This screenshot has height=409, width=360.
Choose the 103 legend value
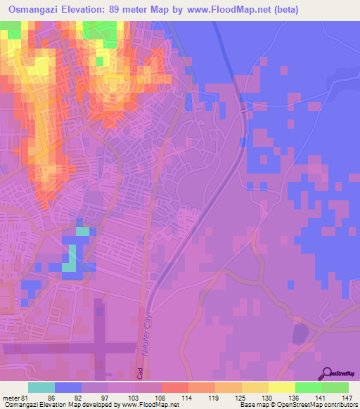coord(120,398)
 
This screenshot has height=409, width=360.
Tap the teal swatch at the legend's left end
coord(41,387)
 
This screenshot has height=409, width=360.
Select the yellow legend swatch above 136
coord(281,387)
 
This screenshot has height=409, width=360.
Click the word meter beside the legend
coord(10,398)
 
